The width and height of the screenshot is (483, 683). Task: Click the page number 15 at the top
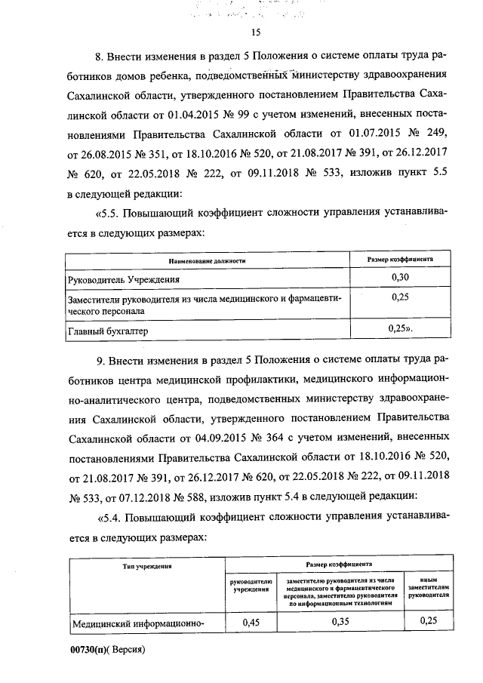[254, 32]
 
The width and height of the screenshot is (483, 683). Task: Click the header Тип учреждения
[145, 565]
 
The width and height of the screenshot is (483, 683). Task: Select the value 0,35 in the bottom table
[343, 622]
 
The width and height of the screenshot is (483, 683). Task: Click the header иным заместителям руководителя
[428, 586]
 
